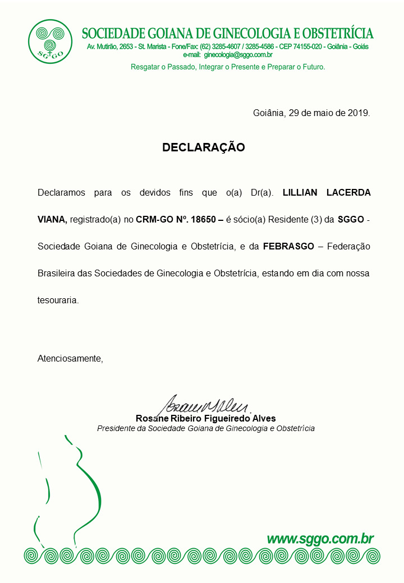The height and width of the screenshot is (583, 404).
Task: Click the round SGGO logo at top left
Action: tap(50, 41)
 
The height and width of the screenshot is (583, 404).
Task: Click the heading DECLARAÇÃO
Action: tap(204, 147)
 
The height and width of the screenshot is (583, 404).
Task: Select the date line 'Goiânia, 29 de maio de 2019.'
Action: tap(311, 113)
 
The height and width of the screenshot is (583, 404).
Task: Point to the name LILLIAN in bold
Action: tap(300, 193)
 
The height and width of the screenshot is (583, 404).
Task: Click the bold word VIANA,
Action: tap(52, 220)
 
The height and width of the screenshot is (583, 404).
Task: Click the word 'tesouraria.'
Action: tap(58, 300)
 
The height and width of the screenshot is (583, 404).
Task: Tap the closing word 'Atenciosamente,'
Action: tap(70, 358)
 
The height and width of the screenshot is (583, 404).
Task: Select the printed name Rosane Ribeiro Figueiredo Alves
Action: tap(205, 419)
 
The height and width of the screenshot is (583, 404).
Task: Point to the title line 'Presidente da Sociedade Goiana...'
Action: tap(205, 428)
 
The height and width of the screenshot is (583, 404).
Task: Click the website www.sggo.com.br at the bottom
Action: tap(320, 539)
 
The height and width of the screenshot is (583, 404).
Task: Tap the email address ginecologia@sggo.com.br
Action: tap(238, 55)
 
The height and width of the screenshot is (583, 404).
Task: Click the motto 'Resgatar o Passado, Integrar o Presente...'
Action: tap(228, 67)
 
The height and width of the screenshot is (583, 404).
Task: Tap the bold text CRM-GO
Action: tap(150, 220)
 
